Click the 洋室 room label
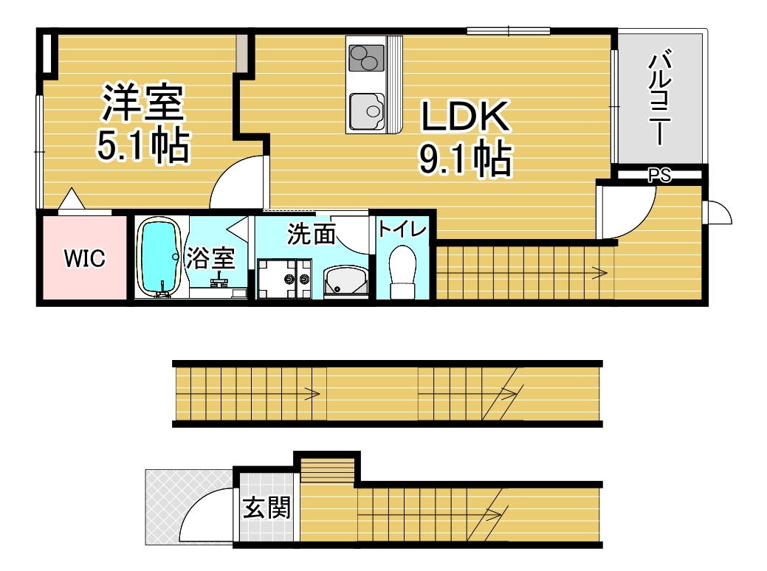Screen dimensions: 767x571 point(142,103)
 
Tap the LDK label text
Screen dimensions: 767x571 point(465,117)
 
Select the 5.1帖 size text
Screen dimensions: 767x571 point(143,145)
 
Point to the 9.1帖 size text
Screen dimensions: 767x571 point(465,159)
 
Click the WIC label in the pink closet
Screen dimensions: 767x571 point(85,258)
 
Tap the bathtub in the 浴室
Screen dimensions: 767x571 point(159,257)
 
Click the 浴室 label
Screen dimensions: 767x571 point(210,258)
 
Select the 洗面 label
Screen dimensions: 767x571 point(311,234)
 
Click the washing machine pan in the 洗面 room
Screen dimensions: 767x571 point(284,278)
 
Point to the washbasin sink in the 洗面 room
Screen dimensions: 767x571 point(346,282)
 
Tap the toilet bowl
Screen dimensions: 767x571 point(403,271)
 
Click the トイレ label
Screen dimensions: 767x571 point(402,229)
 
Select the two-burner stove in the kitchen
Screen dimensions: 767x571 point(367,58)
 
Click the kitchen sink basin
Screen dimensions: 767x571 point(367,111)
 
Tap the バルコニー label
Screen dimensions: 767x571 point(660,97)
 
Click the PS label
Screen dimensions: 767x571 point(659,176)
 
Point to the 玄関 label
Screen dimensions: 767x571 point(267,508)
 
